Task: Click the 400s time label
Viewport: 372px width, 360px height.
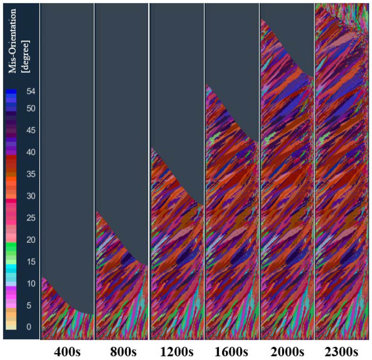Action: point(67,351)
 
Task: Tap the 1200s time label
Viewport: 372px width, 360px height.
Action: point(177,351)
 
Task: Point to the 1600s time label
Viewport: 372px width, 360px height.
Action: point(231,351)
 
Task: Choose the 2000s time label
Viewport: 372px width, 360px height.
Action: point(287,351)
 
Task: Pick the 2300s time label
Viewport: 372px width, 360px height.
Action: point(341,351)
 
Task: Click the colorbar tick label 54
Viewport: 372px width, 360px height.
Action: point(31,92)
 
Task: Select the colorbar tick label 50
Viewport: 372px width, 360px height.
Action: point(31,109)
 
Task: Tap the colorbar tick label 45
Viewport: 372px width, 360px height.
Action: point(31,130)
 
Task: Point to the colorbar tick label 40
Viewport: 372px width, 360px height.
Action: point(31,152)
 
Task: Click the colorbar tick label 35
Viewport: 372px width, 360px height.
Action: point(31,174)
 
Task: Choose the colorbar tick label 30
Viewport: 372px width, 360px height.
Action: point(31,196)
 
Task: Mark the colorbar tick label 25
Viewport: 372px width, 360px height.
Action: point(31,218)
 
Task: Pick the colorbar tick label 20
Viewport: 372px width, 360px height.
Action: point(31,240)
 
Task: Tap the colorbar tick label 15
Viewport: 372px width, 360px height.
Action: point(31,262)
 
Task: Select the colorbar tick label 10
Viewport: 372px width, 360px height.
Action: point(31,284)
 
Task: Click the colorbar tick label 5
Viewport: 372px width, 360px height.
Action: point(29,305)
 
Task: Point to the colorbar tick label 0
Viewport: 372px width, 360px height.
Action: point(29,327)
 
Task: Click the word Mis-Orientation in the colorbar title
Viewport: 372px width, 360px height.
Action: point(12,41)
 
